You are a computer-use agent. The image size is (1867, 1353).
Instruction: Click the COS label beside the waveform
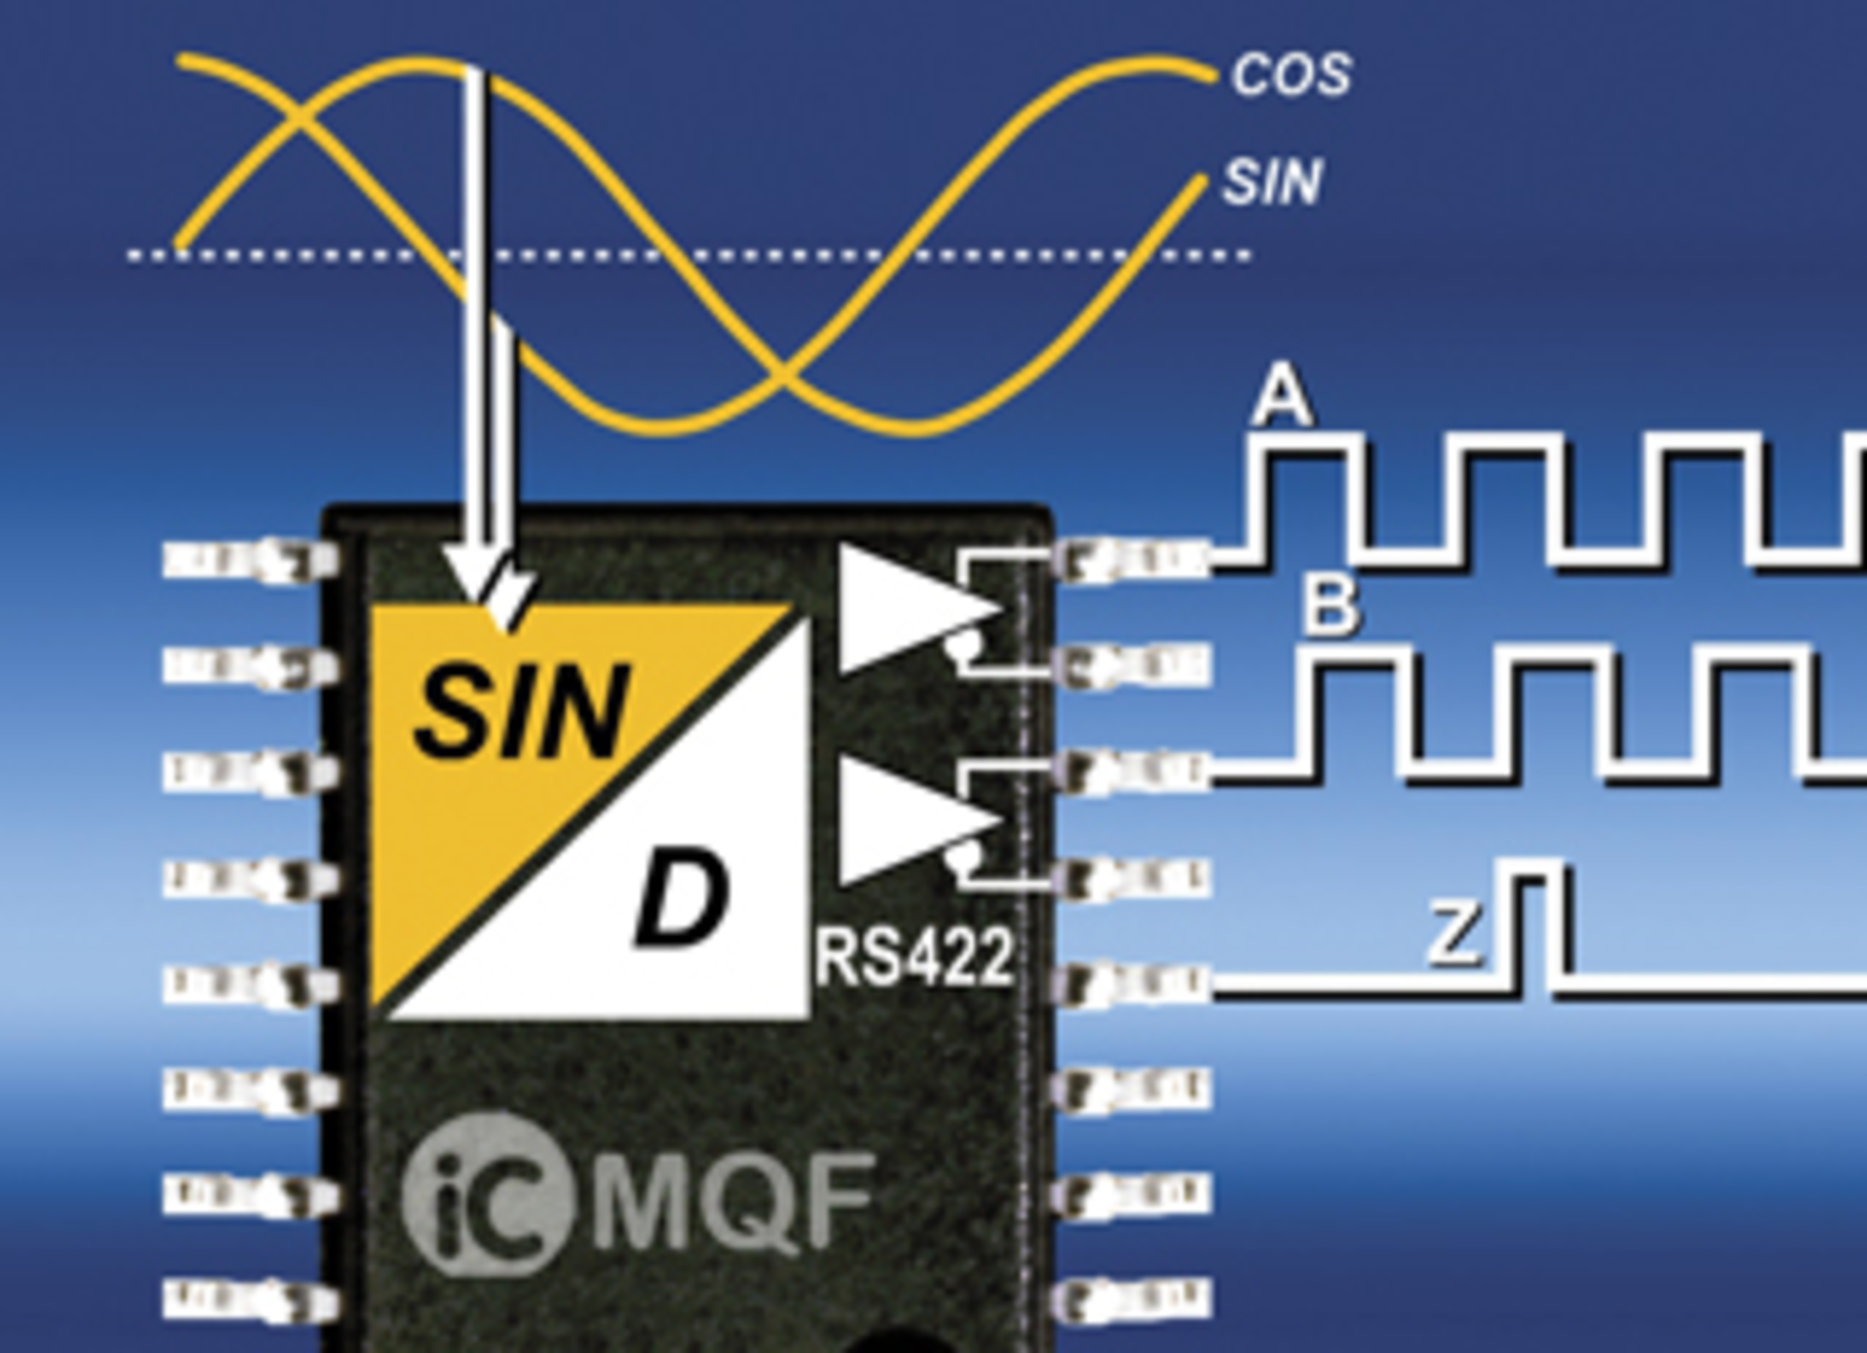[1291, 75]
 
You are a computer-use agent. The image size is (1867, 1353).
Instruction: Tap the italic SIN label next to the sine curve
[1272, 182]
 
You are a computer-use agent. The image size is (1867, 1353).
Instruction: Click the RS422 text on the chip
[915, 958]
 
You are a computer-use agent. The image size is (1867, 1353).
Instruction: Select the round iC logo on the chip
[484, 1196]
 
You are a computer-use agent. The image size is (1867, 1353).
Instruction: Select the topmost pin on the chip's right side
[1133, 559]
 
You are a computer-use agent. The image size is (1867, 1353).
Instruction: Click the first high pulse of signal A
[1309, 457]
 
